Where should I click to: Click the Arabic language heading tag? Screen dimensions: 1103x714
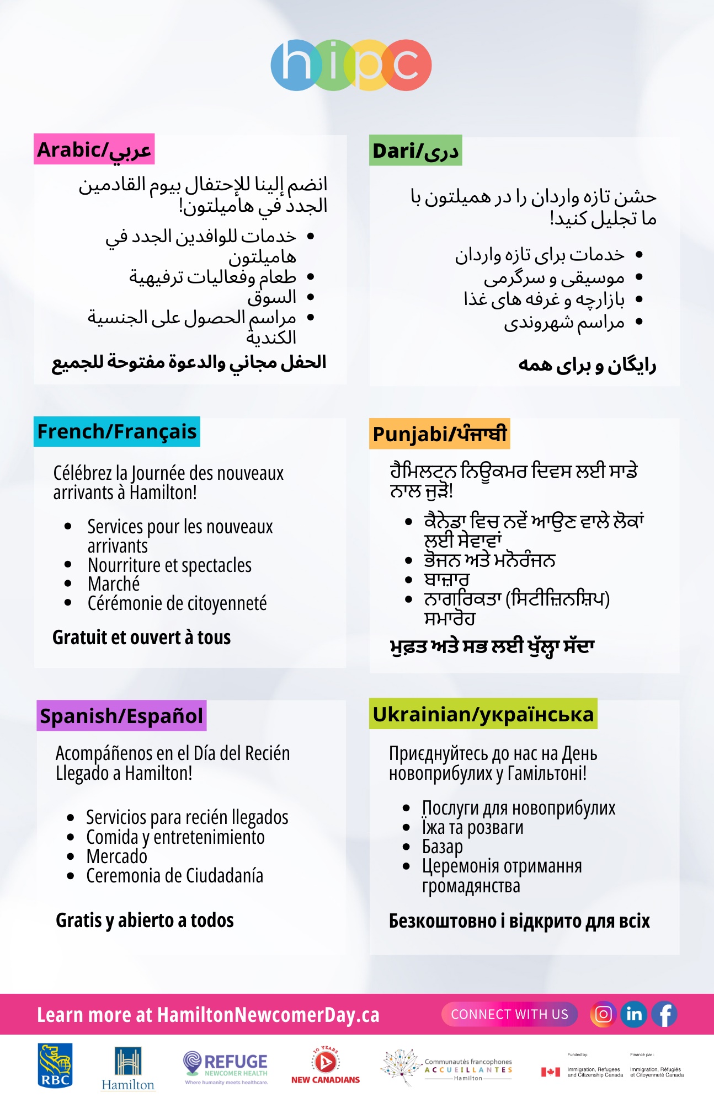[x=94, y=149]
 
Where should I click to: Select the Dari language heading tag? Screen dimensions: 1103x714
[x=415, y=151]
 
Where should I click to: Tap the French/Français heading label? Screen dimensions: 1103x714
[x=117, y=432]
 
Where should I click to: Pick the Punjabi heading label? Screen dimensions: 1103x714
[x=439, y=434]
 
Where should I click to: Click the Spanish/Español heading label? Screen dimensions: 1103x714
[x=121, y=716]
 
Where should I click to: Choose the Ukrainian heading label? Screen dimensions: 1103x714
[x=483, y=714]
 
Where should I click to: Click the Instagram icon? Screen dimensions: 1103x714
[x=604, y=1014]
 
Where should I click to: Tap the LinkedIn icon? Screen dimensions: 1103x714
[x=634, y=1014]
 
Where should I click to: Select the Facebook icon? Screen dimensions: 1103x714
[x=665, y=1014]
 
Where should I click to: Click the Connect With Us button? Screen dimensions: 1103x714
[x=509, y=1014]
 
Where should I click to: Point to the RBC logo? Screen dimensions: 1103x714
[x=55, y=1065]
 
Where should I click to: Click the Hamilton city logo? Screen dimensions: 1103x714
[x=128, y=1069]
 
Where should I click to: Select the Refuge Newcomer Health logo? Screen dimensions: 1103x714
[x=226, y=1068]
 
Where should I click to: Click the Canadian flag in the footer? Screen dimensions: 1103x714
[x=550, y=1072]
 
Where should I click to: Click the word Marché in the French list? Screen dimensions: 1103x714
[x=114, y=584]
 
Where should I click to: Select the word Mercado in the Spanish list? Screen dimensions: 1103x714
[x=117, y=856]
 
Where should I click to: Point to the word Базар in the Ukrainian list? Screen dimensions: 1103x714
[x=443, y=847]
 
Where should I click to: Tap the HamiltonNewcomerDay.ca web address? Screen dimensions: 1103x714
[x=268, y=1015]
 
